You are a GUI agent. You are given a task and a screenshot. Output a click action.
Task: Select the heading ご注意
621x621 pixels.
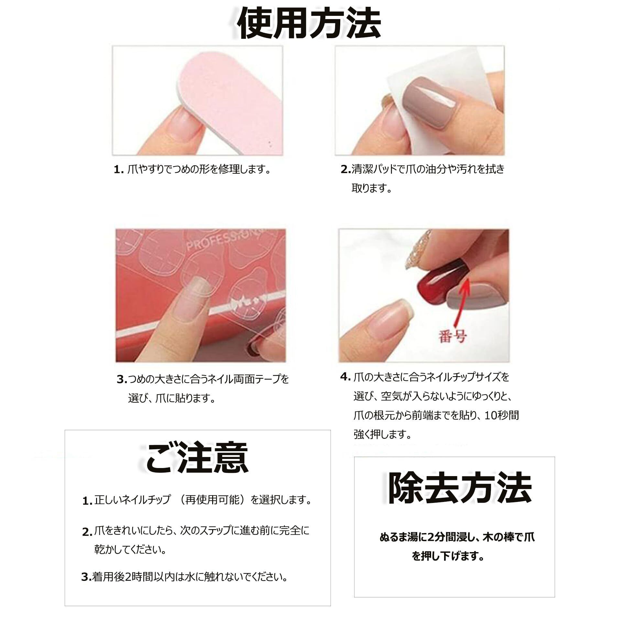click(197, 458)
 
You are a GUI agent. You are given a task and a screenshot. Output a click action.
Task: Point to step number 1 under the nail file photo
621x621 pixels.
click(119, 169)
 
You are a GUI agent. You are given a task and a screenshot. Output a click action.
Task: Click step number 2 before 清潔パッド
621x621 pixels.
click(346, 169)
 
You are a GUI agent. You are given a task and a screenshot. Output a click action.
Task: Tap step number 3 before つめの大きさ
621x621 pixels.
click(122, 379)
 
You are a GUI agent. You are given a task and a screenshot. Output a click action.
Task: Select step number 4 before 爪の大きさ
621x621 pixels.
click(345, 377)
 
